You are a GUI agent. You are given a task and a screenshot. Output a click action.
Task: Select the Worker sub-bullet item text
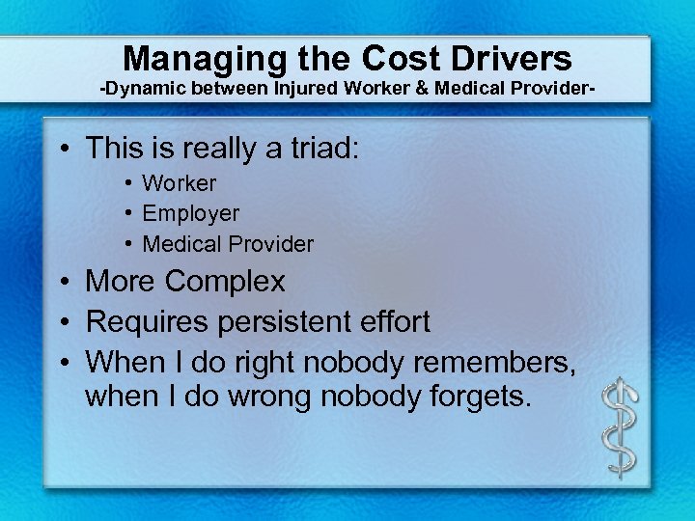[180, 183]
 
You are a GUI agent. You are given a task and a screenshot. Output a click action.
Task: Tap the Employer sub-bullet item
[190, 213]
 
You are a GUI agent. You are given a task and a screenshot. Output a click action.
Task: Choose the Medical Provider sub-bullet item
[228, 244]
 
